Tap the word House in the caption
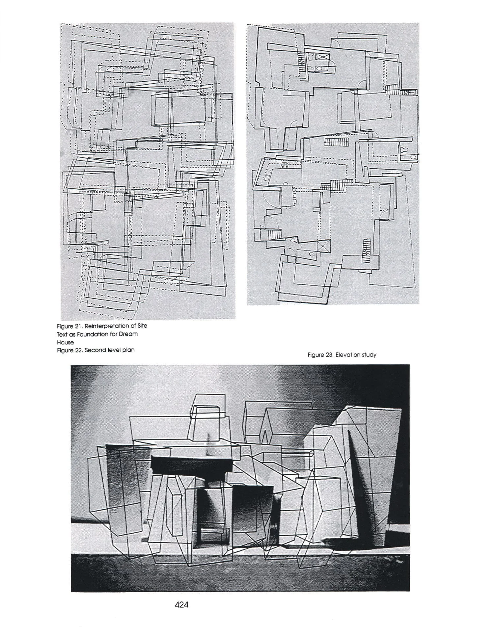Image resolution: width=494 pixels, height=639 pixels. [x=65, y=342]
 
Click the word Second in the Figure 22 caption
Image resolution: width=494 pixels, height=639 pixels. [x=96, y=350]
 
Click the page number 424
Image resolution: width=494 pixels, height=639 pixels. [x=181, y=605]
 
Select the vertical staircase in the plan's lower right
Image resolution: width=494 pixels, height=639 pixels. [x=366, y=251]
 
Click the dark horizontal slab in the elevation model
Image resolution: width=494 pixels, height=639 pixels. [x=192, y=464]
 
